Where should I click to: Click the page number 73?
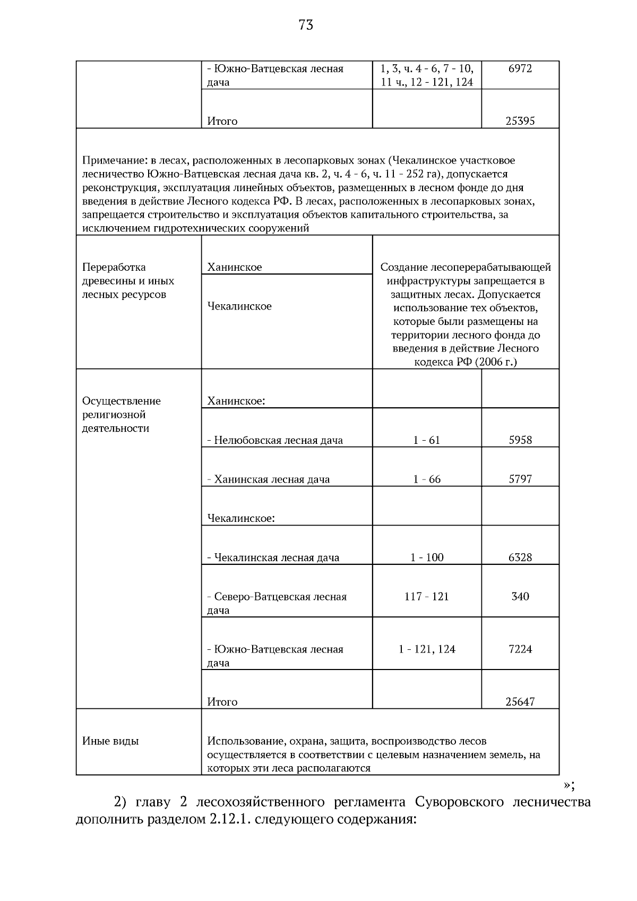pos(306,25)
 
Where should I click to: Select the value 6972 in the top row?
pos(520,68)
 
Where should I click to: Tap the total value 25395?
pos(520,121)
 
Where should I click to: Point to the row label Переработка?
pos(114,267)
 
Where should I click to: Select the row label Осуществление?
pos(121,401)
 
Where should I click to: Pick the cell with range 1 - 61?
pos(427,440)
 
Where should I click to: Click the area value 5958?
pos(520,440)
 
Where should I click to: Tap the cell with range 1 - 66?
pos(427,479)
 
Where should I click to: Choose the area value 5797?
pos(520,479)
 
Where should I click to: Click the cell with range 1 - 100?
pos(427,557)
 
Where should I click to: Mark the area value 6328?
pos(520,557)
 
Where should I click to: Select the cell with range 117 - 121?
pos(427,597)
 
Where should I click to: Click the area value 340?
pos(520,597)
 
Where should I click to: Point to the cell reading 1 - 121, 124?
pos(427,649)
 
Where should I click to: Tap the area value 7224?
pos(520,649)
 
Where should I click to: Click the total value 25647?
pos(520,702)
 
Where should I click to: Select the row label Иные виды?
pos(110,741)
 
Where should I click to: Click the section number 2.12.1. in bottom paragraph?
pos(224,819)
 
